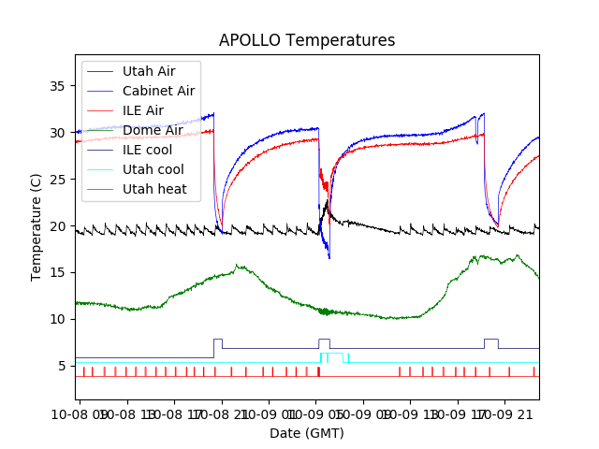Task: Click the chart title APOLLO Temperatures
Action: pyautogui.click(x=307, y=40)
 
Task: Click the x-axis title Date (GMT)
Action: pyautogui.click(x=307, y=433)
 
